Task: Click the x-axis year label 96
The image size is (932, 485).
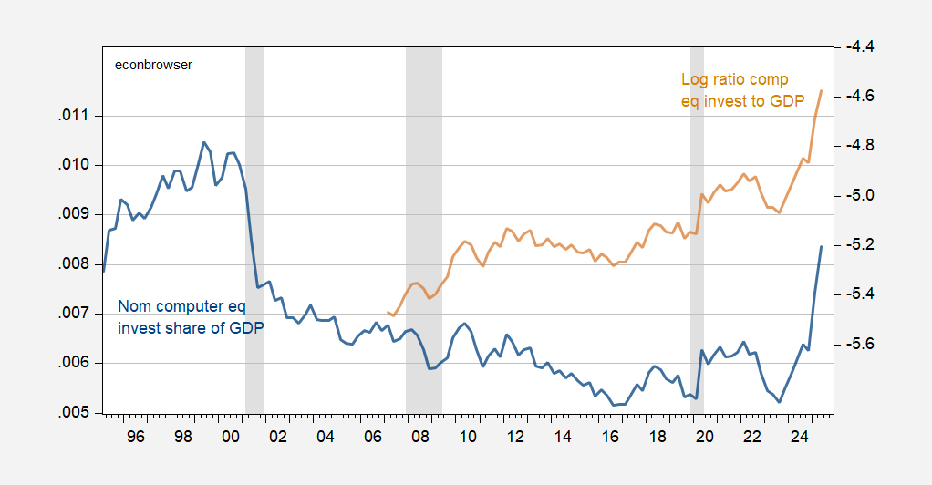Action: (x=136, y=437)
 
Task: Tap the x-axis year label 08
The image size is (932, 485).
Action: (x=420, y=437)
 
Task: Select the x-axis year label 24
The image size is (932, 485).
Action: (x=800, y=437)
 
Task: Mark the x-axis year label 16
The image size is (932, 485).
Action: (x=610, y=437)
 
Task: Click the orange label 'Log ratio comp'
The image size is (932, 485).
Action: (x=734, y=80)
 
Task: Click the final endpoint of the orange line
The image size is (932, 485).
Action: (x=822, y=90)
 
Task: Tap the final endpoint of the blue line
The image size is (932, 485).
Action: (x=822, y=246)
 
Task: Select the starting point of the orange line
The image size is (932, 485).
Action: (x=388, y=312)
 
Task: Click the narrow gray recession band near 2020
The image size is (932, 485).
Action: (x=697, y=228)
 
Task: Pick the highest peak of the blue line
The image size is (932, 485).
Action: (x=203, y=142)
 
